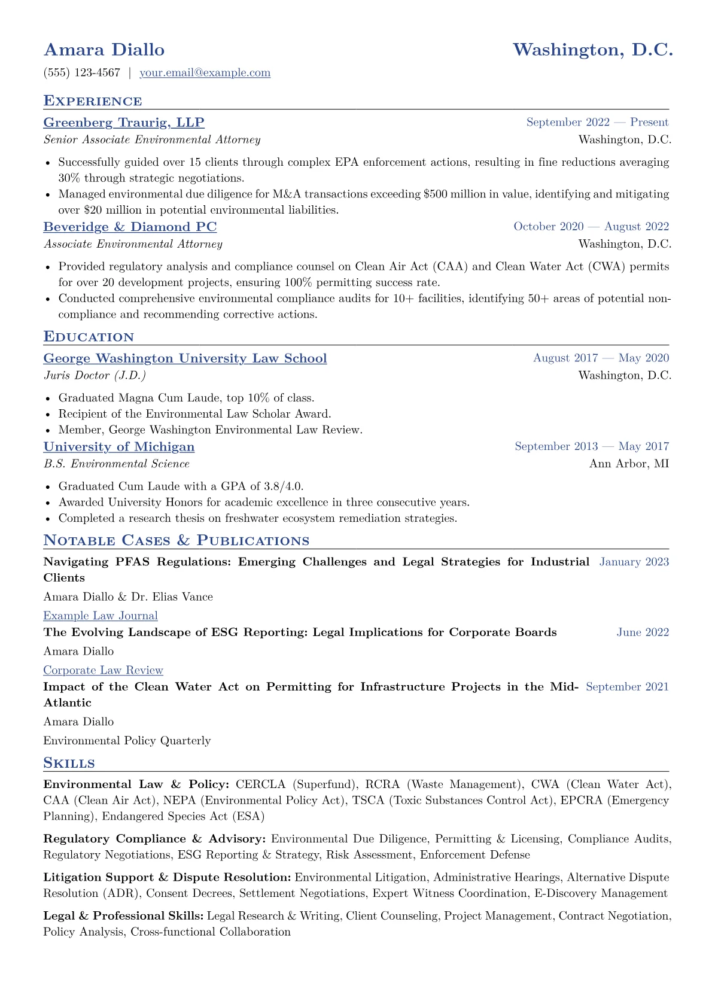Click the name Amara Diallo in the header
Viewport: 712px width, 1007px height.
click(104, 50)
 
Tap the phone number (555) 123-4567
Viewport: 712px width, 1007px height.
click(82, 73)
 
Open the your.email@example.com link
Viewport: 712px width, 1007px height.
click(205, 73)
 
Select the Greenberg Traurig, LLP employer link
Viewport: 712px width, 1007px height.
click(124, 123)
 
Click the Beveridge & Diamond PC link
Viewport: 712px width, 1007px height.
click(130, 227)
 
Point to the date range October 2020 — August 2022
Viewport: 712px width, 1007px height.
click(591, 227)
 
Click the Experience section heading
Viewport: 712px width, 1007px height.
click(93, 101)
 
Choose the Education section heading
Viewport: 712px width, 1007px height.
click(89, 336)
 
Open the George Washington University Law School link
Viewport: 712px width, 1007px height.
click(185, 358)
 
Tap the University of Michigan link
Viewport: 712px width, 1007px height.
click(119, 447)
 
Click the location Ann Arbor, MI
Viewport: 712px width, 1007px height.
click(629, 464)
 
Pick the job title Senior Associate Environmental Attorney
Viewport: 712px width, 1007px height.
click(152, 140)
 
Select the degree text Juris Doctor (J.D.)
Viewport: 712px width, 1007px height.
click(95, 376)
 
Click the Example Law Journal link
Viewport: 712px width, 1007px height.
click(101, 616)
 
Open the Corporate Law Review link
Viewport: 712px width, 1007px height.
click(103, 670)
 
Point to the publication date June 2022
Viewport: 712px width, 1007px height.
click(643, 632)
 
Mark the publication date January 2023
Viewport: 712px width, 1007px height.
click(634, 562)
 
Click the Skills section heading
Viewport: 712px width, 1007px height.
click(69, 763)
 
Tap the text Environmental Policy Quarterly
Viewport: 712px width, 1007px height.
click(127, 741)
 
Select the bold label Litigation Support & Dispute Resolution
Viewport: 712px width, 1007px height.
click(168, 878)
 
